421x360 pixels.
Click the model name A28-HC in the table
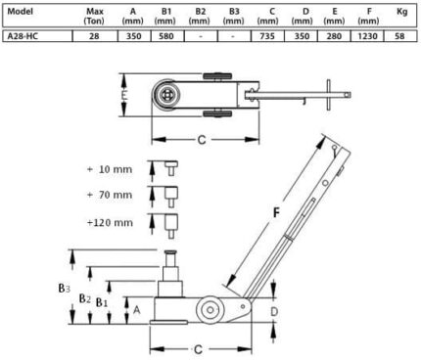[23, 36]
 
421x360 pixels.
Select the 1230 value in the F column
[367, 36]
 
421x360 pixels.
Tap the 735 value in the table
[267, 36]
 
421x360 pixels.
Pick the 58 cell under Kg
[399, 36]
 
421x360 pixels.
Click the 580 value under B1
[166, 36]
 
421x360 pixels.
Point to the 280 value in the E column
[334, 36]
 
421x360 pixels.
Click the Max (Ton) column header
[94, 17]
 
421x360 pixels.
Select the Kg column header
[402, 12]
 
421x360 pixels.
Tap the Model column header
[21, 12]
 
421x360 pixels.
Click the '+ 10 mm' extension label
[110, 169]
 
